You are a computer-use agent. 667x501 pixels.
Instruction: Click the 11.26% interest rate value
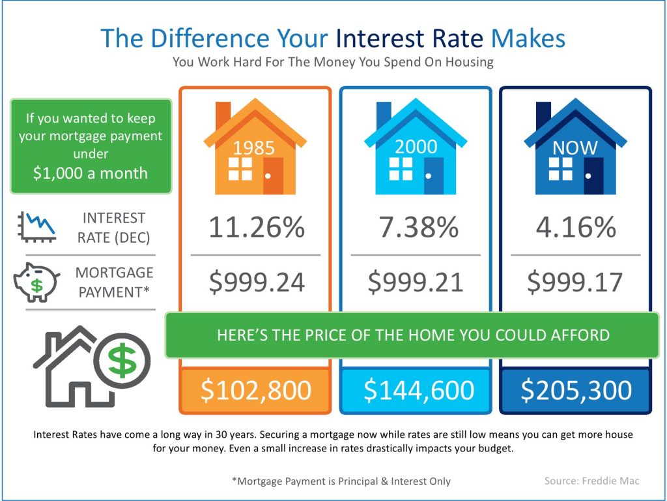pyautogui.click(x=257, y=227)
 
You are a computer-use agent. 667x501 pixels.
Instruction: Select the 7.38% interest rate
pyautogui.click(x=419, y=227)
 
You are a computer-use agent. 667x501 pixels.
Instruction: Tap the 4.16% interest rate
pyautogui.click(x=576, y=227)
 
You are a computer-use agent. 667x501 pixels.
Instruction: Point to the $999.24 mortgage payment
pyautogui.click(x=257, y=282)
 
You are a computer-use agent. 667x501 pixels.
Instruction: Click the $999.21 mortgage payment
pyautogui.click(x=415, y=282)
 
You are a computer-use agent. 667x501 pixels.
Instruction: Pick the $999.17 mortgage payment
pyautogui.click(x=575, y=282)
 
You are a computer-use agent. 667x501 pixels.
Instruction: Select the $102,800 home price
pyautogui.click(x=255, y=390)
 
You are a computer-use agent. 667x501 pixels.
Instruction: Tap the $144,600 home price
pyautogui.click(x=419, y=390)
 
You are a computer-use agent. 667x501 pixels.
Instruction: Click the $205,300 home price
pyautogui.click(x=576, y=390)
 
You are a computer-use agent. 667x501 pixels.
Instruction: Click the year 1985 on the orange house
pyautogui.click(x=254, y=148)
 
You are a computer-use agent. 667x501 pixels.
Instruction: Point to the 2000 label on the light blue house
pyautogui.click(x=416, y=147)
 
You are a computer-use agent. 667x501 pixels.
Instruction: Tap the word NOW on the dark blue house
pyautogui.click(x=575, y=148)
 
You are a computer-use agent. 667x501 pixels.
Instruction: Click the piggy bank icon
pyautogui.click(x=36, y=282)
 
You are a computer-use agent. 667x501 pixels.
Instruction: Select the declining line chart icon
pyautogui.click(x=36, y=227)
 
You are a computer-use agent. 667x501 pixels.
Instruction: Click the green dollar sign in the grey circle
pyautogui.click(x=122, y=361)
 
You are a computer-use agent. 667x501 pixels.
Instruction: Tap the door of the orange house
pyautogui.click(x=273, y=176)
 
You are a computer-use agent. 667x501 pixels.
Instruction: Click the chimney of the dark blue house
pyautogui.click(x=543, y=114)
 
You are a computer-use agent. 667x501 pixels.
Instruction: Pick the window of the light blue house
pyautogui.click(x=401, y=169)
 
